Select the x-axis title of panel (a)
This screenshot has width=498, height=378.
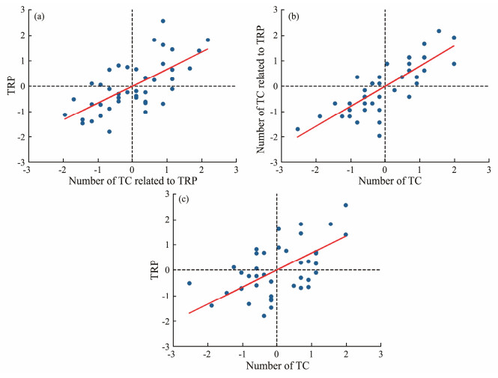tap(133, 182)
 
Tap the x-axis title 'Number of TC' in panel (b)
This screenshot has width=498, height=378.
tap(385, 182)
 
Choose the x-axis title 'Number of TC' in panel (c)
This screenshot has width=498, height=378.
tap(276, 367)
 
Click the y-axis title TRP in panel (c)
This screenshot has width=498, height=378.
tap(154, 269)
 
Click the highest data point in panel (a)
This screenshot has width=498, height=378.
tap(163, 21)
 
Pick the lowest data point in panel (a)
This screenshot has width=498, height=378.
tap(109, 132)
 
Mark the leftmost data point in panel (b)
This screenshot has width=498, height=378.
tap(298, 129)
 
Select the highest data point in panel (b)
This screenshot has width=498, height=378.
tap(439, 31)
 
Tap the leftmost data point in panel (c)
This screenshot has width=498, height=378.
tap(189, 283)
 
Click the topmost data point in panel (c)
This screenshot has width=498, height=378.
tap(346, 205)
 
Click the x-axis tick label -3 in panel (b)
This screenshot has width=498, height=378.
tap(279, 170)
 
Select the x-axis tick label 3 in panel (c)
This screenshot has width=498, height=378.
tap(380, 355)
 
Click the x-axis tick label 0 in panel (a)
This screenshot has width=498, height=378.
tap(133, 170)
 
